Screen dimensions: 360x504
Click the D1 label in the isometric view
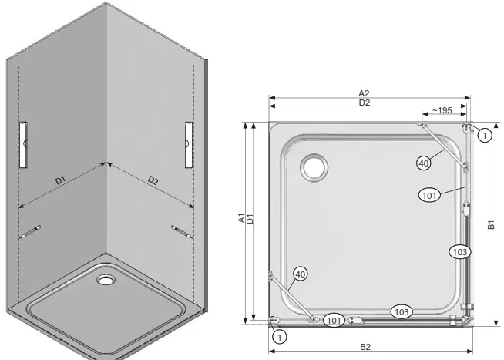pos(59,181)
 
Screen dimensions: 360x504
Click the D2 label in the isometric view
pos(152,181)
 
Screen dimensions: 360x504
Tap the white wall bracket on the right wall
pos(187,144)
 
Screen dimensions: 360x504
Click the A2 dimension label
pos(363,94)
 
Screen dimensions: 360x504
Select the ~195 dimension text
pos(441,111)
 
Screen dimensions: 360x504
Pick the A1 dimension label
pos(241,220)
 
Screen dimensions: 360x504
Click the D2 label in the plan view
pos(363,103)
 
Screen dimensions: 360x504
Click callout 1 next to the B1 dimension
pos(483,136)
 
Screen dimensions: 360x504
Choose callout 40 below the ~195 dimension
pos(423,163)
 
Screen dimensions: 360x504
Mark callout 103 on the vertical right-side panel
pos(459,251)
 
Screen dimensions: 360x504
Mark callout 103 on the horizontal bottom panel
pos(401,311)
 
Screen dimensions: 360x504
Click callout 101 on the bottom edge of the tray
pos(333,320)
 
